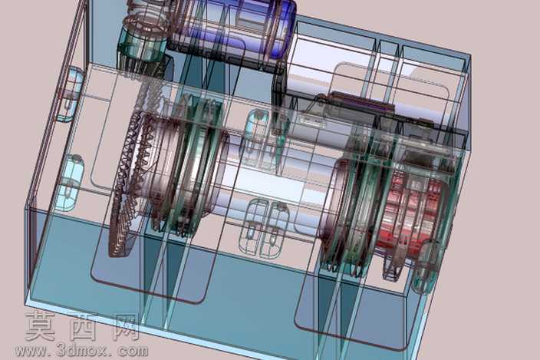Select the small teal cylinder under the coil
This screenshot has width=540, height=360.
[142, 47]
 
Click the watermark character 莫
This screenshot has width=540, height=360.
[41, 326]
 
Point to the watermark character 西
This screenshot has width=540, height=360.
[84, 326]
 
